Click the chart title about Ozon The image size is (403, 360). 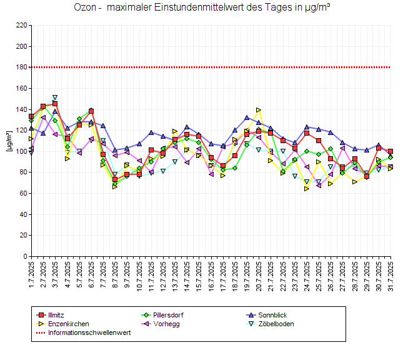[x=202, y=8]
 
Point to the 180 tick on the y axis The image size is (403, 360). [x=21, y=67]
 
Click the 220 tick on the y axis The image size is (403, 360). [x=21, y=26]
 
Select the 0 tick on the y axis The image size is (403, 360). [x=24, y=256]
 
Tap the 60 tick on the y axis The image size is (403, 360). [x=22, y=193]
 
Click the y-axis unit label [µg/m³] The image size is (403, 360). [x=9, y=141]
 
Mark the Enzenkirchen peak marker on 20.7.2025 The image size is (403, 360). [x=259, y=110]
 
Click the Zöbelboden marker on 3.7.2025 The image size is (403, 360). [x=55, y=97]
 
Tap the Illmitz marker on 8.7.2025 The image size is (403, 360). [x=115, y=179]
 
